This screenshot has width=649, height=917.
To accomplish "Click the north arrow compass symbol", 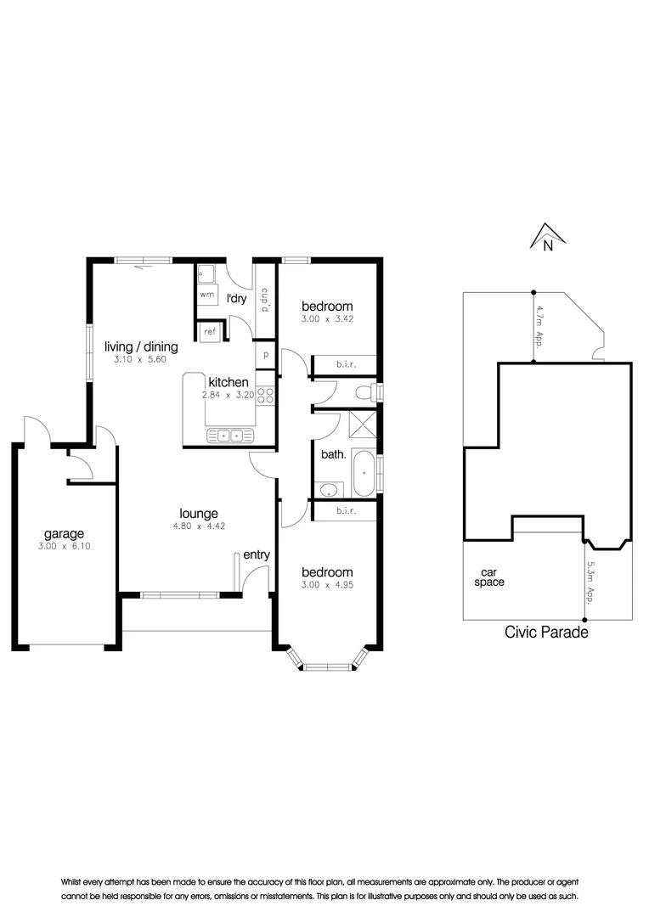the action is pos(548,237).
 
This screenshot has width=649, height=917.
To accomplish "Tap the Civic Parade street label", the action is pos(546,633).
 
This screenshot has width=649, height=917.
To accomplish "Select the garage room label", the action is pos(65,534).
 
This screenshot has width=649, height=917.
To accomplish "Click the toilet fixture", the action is pos(368,391).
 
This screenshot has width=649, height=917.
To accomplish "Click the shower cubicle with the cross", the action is pos(362,425).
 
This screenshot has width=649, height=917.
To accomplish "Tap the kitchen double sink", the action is pos(230,436).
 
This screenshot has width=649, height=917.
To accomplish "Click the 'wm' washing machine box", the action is pos(207,295).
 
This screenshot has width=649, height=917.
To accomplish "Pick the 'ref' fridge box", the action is pos(210,332).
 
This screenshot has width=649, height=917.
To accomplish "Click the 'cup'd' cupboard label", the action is pos(265,300).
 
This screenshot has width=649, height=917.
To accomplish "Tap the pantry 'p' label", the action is pos(266,355).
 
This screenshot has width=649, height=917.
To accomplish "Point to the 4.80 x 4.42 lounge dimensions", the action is pos(199,526).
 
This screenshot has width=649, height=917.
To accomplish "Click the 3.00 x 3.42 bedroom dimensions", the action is pos(327,318).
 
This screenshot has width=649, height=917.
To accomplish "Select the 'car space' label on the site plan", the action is pos(489,577).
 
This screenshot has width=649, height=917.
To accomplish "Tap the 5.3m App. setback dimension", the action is pos(590,582).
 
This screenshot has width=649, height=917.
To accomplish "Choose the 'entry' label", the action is pos(257,554).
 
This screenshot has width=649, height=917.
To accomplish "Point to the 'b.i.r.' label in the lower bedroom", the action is pos(346,510).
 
